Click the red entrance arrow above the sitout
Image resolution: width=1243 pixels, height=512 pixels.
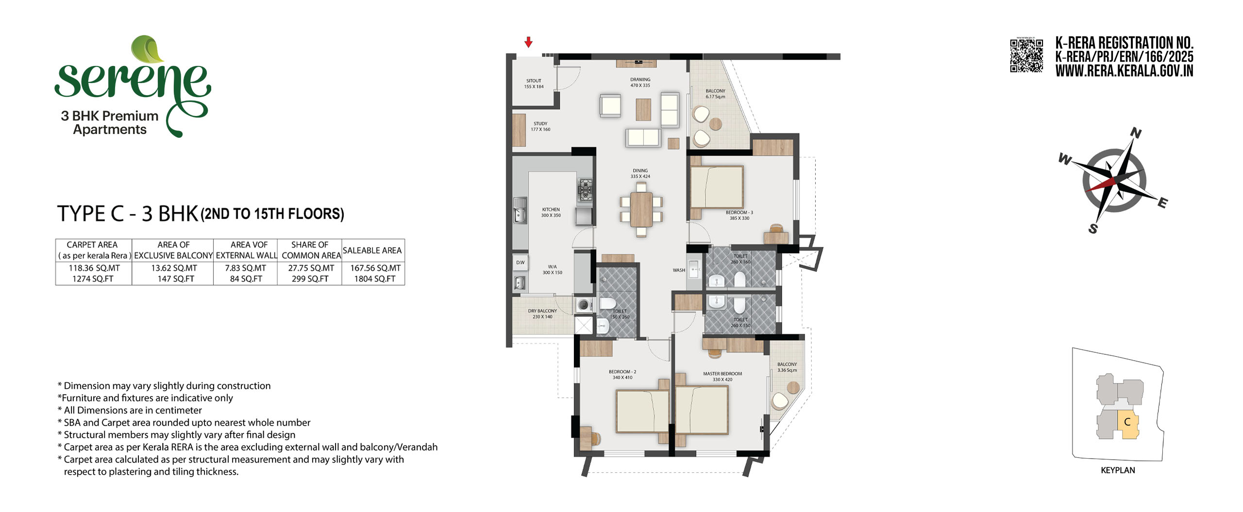click(528, 42)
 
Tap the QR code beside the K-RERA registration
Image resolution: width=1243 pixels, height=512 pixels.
click(1026, 56)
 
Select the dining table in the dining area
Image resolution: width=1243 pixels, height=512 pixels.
click(641, 210)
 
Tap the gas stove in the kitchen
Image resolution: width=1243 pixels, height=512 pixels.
click(585, 190)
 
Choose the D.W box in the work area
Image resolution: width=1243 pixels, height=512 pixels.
click(521, 263)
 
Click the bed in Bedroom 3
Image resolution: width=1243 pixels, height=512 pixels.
click(717, 187)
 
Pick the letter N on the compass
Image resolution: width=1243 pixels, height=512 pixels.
click(1136, 132)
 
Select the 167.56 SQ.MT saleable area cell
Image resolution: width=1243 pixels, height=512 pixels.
click(375, 268)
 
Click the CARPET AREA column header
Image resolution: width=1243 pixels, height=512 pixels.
click(92, 245)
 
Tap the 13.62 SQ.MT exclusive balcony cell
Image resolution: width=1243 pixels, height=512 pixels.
click(174, 268)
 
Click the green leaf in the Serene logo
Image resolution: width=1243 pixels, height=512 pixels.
click(148, 49)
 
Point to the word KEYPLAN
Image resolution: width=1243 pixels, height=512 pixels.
click(1118, 470)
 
